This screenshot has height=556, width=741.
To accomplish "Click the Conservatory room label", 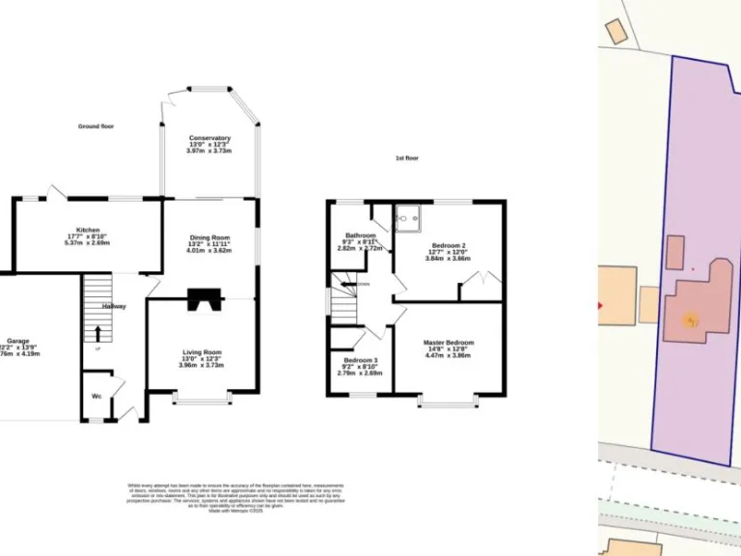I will pos(209,139).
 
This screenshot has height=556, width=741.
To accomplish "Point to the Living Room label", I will pos(202,352).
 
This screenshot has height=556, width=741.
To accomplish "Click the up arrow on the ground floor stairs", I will pos(96,333).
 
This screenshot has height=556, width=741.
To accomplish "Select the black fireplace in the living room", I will pos(203,300).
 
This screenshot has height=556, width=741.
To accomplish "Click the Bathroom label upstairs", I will pos(360,236).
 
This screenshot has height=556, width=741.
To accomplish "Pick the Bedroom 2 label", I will pos(449,246).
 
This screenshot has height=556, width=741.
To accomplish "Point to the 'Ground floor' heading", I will pos(96,126).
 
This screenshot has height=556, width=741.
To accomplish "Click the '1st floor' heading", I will pos(407,157).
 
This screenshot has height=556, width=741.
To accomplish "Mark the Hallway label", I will pos(115,307).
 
